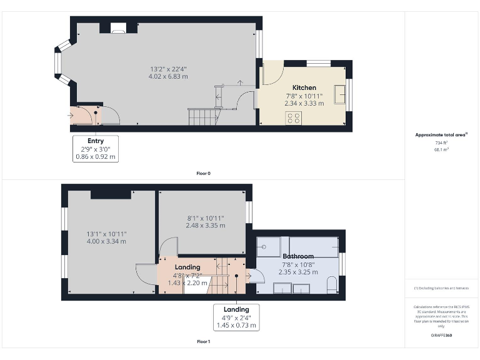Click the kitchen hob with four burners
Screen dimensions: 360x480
(x=292, y=118)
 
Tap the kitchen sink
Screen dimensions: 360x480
(x=340, y=95)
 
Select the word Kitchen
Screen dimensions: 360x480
(x=304, y=87)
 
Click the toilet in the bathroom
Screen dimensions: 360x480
(x=332, y=286)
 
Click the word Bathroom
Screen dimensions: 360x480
(x=298, y=256)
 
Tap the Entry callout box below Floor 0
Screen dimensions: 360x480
(x=96, y=149)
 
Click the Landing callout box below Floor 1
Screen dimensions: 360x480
(x=236, y=317)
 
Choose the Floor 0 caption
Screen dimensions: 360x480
(x=202, y=173)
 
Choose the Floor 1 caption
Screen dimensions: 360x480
(x=202, y=342)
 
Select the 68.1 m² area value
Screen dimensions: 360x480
(x=441, y=149)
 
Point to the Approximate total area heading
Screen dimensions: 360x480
(x=441, y=134)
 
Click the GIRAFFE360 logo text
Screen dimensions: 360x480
(x=441, y=336)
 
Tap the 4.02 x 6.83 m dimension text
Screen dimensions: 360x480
(x=168, y=76)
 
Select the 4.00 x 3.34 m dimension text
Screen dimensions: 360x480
(x=106, y=241)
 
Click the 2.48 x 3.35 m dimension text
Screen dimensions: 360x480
(x=206, y=225)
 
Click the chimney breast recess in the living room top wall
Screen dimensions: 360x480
(x=117, y=27)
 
